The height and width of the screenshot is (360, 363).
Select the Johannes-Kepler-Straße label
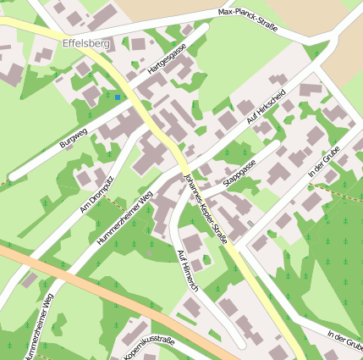click(206, 208)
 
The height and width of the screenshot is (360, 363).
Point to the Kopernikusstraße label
click(149, 348)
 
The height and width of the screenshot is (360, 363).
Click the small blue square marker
click(118, 97)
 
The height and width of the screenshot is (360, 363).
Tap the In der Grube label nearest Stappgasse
click(323, 161)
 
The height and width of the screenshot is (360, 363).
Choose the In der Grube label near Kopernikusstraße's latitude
click(345, 341)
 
